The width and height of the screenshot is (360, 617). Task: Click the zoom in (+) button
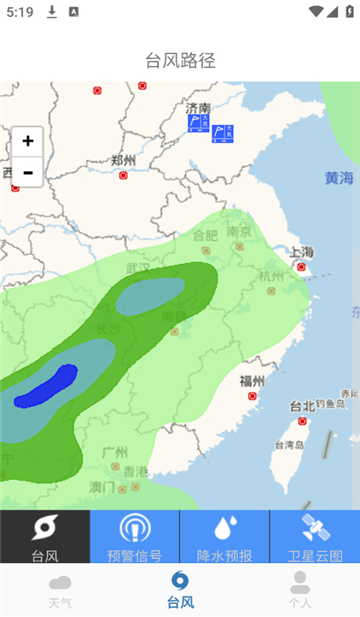tap(27, 141)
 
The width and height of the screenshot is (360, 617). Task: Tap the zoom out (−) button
tap(27, 172)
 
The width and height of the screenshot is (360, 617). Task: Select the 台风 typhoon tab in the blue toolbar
tap(45, 538)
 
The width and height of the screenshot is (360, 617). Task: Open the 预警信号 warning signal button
tap(135, 538)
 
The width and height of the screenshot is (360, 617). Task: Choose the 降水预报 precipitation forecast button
tap(225, 538)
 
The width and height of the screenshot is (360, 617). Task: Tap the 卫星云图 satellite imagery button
tap(315, 538)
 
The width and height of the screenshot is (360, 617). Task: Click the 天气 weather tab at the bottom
tap(60, 590)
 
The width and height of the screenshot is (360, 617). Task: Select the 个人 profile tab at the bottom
tap(300, 590)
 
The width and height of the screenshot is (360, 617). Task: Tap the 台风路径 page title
tap(180, 61)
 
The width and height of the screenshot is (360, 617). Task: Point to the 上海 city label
tap(302, 252)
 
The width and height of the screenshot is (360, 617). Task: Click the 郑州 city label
tap(123, 160)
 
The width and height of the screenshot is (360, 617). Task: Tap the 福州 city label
tap(252, 381)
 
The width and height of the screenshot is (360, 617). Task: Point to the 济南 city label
tap(197, 109)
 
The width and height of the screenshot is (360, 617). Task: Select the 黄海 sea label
tap(339, 178)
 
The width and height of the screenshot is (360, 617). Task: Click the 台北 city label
tap(302, 406)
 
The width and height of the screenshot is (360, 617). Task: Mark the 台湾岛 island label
tap(290, 445)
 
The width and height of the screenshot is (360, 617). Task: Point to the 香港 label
tap(135, 472)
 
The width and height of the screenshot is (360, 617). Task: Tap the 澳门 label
tap(102, 487)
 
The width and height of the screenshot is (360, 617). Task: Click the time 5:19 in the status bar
tap(19, 12)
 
